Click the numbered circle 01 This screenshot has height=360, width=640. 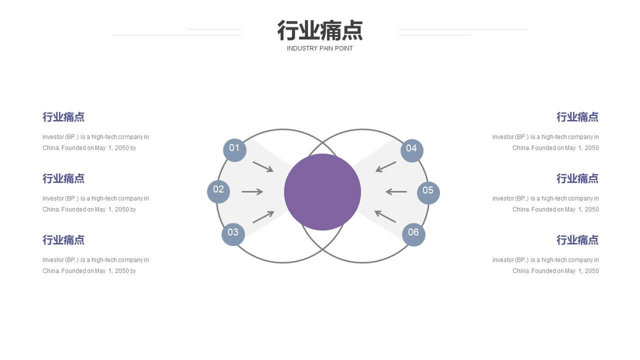[234, 150]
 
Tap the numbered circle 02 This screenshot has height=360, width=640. [218, 191]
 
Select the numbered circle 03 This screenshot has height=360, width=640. [233, 234]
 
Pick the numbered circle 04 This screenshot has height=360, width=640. [412, 151]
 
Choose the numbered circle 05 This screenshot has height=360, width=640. [428, 193]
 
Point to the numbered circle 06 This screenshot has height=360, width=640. [413, 234]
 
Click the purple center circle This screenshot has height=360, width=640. [322, 192]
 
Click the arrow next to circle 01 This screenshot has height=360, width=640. [263, 167]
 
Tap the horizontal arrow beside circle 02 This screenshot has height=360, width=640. [252, 191]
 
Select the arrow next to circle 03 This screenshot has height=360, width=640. [263, 217]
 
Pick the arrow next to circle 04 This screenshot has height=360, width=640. [385, 167]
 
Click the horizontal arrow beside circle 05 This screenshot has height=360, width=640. [396, 191]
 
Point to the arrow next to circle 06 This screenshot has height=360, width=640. [385, 216]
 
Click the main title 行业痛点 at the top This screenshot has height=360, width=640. [320, 30]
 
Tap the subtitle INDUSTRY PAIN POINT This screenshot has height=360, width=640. [319, 48]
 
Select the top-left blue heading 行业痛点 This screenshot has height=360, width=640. [63, 117]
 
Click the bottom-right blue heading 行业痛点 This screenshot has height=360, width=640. [577, 240]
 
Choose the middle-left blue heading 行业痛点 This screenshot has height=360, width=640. [63, 178]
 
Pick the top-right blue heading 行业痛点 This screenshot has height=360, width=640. [577, 117]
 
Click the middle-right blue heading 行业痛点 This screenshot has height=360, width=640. [577, 178]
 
